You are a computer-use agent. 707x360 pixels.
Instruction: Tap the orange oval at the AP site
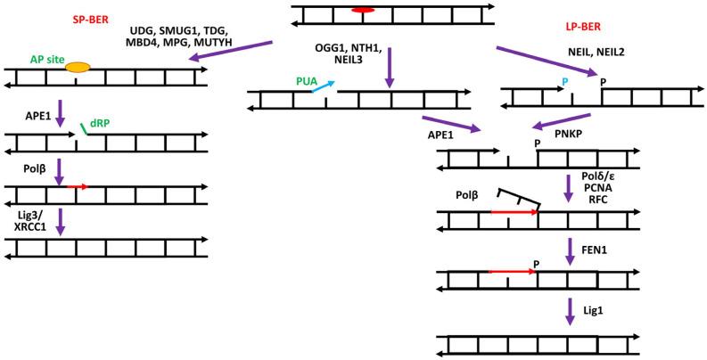pos(78,68)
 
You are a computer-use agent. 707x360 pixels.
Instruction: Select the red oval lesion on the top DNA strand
pos(363,10)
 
